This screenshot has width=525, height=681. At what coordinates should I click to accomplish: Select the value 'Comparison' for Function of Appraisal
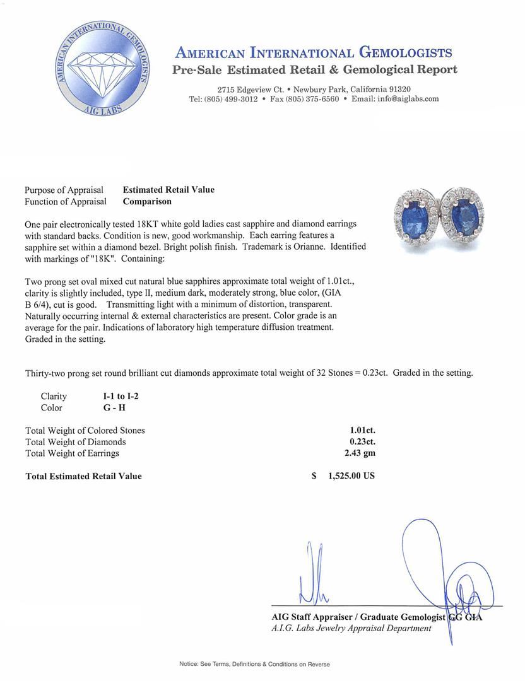(147, 202)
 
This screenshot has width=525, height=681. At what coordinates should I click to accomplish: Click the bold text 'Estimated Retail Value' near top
(168, 190)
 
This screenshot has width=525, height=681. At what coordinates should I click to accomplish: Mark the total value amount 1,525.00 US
(351, 476)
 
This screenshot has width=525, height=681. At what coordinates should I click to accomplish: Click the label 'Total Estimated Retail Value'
(83, 476)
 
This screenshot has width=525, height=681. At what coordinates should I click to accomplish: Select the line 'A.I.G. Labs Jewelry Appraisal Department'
(351, 628)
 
